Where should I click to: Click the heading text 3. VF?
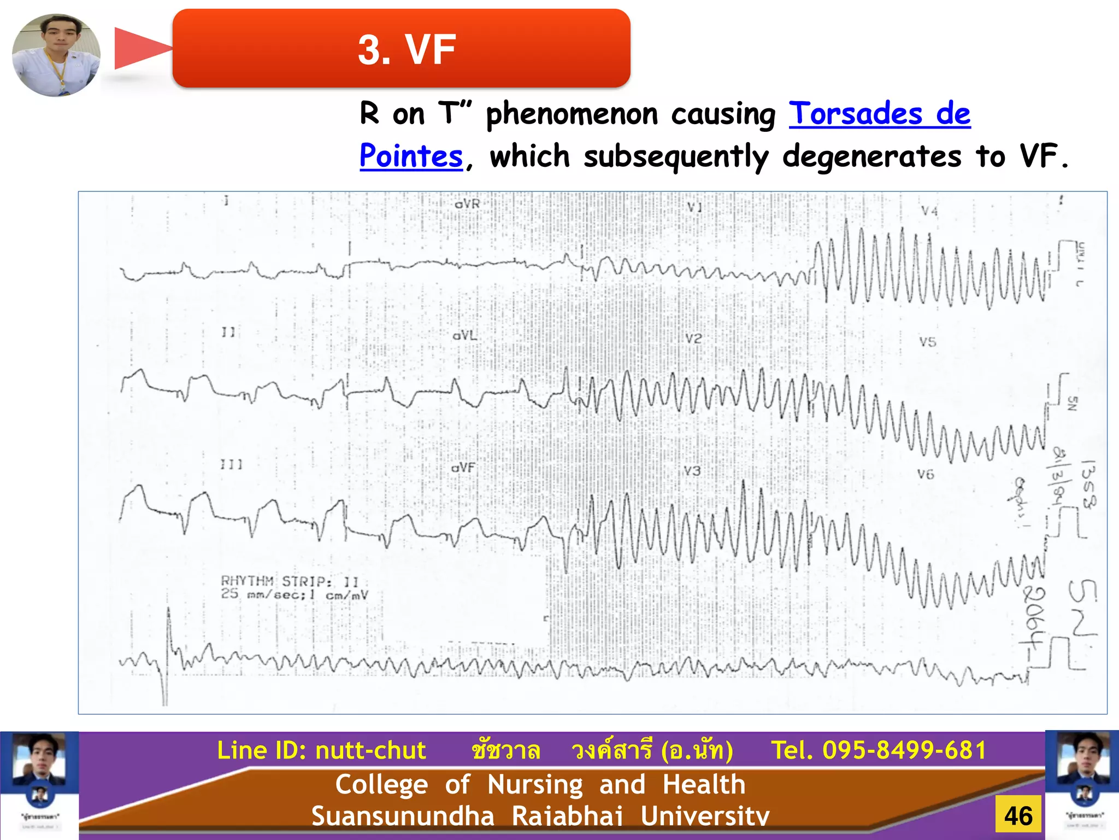pyautogui.click(x=407, y=49)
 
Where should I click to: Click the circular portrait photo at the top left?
pyautogui.click(x=56, y=55)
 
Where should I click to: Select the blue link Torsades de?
pyautogui.click(x=879, y=114)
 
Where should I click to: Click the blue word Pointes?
pyautogui.click(x=411, y=156)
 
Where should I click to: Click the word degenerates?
pyautogui.click(x=871, y=156)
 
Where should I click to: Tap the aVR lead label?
pyautogui.click(x=467, y=204)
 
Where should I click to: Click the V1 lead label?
pyautogui.click(x=694, y=207)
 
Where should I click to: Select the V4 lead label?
pyautogui.click(x=929, y=211)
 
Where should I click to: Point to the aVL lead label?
pyautogui.click(x=464, y=335)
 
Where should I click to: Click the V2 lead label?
pyautogui.click(x=693, y=339)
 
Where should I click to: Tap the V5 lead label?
pyautogui.click(x=927, y=342)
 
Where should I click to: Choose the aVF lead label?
pyautogui.click(x=463, y=468)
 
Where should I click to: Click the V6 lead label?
pyautogui.click(x=926, y=474)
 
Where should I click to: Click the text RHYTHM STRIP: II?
pyautogui.click(x=290, y=581)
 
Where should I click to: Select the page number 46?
pyautogui.click(x=1018, y=816)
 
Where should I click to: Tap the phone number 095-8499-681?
pyautogui.click(x=904, y=750)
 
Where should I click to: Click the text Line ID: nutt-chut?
pyautogui.click(x=321, y=750)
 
